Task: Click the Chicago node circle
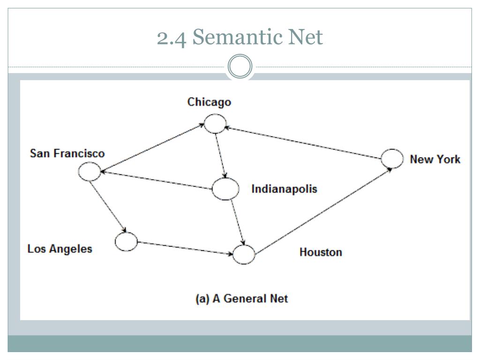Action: tap(215, 124)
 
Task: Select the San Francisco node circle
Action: tap(89, 172)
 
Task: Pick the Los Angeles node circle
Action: tap(126, 242)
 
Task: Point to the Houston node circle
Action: tap(244, 255)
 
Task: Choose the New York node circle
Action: tap(392, 158)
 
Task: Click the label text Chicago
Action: tap(209, 102)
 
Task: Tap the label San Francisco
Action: tap(67, 153)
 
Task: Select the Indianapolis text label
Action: tap(284, 189)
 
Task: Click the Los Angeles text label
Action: tap(60, 248)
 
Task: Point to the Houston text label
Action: tap(321, 252)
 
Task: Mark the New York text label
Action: tap(435, 159)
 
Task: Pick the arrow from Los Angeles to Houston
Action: tap(185, 248)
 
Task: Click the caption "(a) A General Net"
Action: tap(241, 299)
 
